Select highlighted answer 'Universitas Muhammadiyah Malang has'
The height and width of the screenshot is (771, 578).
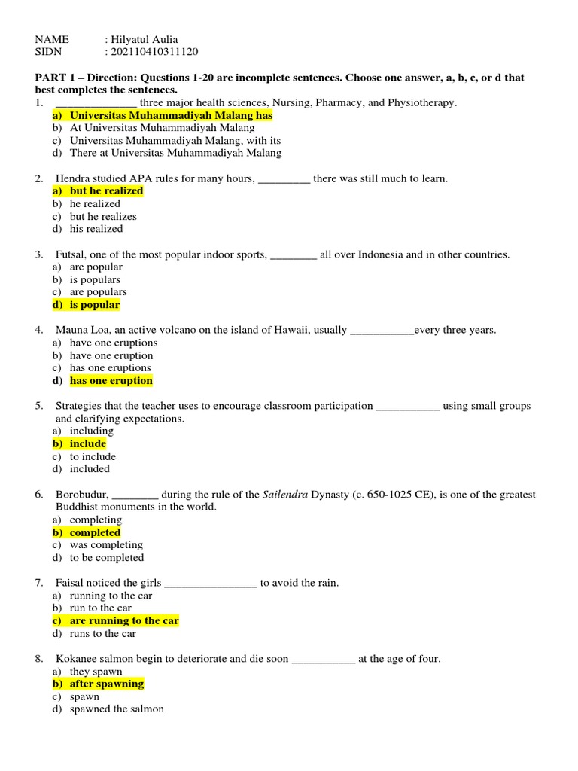click(171, 116)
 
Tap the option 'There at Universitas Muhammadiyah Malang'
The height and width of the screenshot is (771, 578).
click(175, 153)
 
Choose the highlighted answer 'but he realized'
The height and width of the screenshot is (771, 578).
click(106, 191)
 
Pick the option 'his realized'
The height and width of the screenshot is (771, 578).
click(96, 229)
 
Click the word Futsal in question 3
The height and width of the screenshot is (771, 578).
click(70, 254)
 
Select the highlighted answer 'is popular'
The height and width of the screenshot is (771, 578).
click(95, 305)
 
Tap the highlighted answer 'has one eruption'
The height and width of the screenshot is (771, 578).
click(111, 381)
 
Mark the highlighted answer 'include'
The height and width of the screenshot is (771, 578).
click(88, 444)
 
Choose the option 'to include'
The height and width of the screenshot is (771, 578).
click(93, 456)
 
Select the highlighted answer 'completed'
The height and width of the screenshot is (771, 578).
click(95, 532)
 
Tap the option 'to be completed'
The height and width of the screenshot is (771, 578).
click(106, 558)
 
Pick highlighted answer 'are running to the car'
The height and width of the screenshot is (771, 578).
click(124, 621)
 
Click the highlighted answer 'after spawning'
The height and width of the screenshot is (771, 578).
click(106, 684)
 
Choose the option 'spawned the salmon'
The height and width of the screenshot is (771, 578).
click(117, 709)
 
